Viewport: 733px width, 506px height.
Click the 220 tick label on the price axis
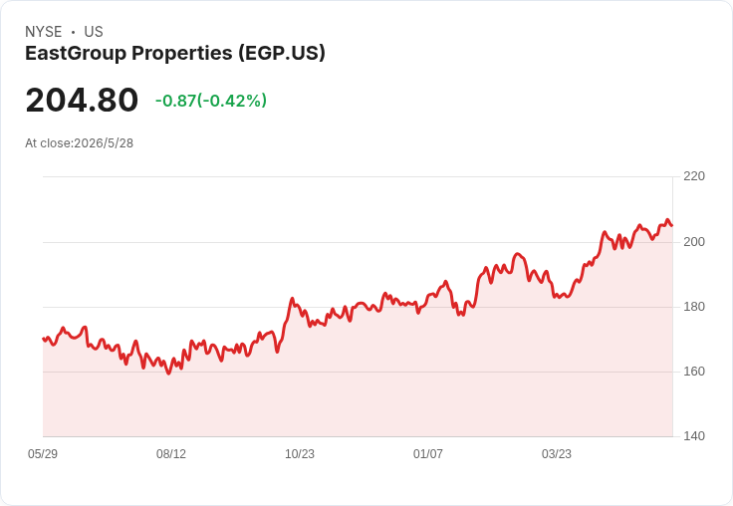[694, 176]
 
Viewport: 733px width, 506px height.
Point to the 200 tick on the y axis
[694, 242]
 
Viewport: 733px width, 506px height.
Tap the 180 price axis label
[694, 307]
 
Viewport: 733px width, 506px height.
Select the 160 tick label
[694, 372]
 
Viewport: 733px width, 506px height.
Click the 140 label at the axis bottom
[694, 436]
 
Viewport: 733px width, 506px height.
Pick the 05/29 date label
[43, 454]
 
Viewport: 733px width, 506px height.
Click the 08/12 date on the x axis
[171, 454]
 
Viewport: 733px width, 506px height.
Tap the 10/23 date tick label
[300, 454]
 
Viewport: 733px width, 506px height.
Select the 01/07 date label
[427, 454]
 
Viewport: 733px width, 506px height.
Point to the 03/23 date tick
[557, 454]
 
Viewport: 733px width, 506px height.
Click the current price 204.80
[82, 100]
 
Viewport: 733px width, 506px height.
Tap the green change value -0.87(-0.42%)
[211, 101]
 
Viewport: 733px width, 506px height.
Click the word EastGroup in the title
[76, 54]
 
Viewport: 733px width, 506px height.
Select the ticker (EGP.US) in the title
[282, 54]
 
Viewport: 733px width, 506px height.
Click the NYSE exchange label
[44, 32]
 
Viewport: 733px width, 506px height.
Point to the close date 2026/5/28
[104, 143]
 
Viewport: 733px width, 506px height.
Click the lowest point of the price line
[168, 374]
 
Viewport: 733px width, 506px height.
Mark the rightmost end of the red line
[672, 226]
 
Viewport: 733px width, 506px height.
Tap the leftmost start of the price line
[43, 339]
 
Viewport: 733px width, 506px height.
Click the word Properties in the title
[182, 54]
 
